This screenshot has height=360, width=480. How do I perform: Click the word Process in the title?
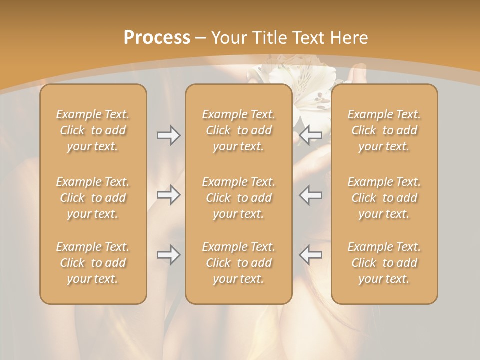pyautogui.click(x=157, y=38)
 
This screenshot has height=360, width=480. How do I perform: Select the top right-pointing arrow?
pyautogui.click(x=169, y=135)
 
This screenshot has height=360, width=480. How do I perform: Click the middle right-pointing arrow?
pyautogui.click(x=169, y=195)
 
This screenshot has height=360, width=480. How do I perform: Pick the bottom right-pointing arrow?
pyautogui.click(x=169, y=255)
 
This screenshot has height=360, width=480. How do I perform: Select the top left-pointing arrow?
pyautogui.click(x=311, y=135)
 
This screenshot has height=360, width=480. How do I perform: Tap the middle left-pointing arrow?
pyautogui.click(x=311, y=195)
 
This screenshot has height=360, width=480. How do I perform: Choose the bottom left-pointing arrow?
pyautogui.click(x=311, y=255)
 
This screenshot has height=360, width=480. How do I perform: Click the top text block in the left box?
pyautogui.click(x=93, y=130)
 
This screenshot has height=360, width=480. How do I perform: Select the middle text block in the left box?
pyautogui.click(x=93, y=198)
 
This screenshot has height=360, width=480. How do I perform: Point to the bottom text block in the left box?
pyautogui.click(x=93, y=263)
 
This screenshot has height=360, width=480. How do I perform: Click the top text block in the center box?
pyautogui.click(x=239, y=130)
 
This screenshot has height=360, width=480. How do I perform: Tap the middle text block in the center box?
pyautogui.click(x=239, y=198)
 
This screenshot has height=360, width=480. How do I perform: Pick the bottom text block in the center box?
pyautogui.click(x=239, y=263)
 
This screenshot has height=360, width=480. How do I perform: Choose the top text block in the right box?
pyautogui.click(x=384, y=130)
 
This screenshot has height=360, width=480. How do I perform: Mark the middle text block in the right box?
pyautogui.click(x=384, y=198)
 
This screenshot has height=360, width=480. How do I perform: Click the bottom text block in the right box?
pyautogui.click(x=384, y=263)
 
